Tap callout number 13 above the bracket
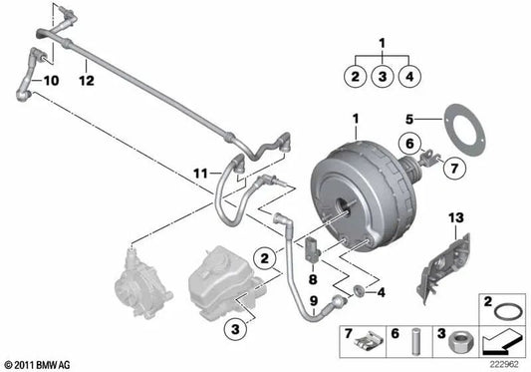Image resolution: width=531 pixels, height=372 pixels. tap(456, 217)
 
